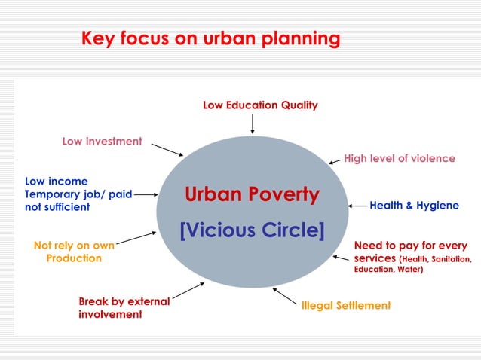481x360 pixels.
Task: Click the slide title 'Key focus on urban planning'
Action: [210, 38]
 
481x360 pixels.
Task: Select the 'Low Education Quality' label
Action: [260, 105]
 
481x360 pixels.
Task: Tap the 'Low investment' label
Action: [102, 141]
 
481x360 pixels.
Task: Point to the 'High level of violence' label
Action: [400, 158]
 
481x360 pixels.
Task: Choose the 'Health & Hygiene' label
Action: [414, 206]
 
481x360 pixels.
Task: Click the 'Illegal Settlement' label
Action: [346, 305]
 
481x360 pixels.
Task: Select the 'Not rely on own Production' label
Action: [74, 252]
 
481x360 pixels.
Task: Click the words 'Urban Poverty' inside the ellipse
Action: [252, 195]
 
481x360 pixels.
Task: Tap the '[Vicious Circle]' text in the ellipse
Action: [252, 229]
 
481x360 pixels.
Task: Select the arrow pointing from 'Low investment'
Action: [167, 148]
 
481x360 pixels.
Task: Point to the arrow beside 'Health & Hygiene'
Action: [357, 206]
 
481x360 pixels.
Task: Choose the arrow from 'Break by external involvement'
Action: [188, 290]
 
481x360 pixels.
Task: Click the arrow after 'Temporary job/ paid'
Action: [146, 194]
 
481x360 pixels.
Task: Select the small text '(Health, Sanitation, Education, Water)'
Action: [413, 264]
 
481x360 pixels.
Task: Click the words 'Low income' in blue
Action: [57, 182]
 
